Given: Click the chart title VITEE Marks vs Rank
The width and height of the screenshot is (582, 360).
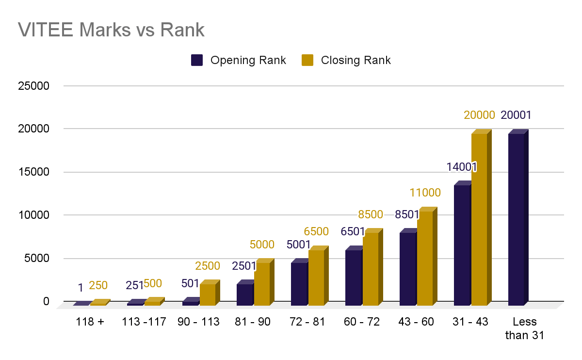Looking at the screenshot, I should pyautogui.click(x=112, y=30).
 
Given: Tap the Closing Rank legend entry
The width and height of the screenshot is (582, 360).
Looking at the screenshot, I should pyautogui.click(x=346, y=60).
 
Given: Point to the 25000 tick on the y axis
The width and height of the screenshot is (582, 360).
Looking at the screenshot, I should pyautogui.click(x=33, y=86).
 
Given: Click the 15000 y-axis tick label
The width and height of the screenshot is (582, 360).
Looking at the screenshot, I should pyautogui.click(x=33, y=172).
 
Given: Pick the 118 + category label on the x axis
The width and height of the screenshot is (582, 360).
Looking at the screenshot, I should pyautogui.click(x=90, y=322).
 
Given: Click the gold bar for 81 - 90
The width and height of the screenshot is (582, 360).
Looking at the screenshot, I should pyautogui.click(x=262, y=284).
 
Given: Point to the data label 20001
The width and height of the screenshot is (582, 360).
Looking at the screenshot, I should pyautogui.click(x=516, y=115).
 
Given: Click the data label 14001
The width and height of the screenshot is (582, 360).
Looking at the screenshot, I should pyautogui.click(x=462, y=167).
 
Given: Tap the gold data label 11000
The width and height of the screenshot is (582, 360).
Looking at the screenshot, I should pyautogui.click(x=425, y=193).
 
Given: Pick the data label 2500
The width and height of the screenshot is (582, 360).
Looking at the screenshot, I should pyautogui.click(x=208, y=266).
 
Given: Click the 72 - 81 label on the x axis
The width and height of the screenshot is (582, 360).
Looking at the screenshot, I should pyautogui.click(x=307, y=322).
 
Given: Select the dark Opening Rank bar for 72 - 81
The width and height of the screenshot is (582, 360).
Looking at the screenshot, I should pyautogui.click(x=299, y=284).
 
